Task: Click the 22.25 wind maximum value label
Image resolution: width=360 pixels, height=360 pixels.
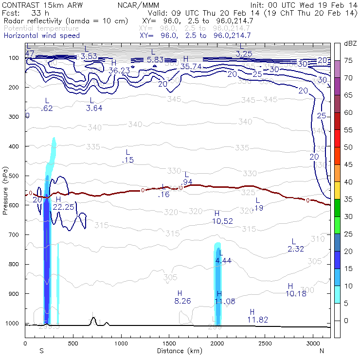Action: pos(63,207)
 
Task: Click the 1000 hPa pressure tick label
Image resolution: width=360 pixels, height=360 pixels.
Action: pos(12,324)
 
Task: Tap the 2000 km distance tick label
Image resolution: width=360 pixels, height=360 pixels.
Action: pos(216,343)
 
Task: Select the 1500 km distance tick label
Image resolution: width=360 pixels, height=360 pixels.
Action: pos(169,343)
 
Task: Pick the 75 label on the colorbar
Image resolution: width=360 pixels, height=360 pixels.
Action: pos(348,61)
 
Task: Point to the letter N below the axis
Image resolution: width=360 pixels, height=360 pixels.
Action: pos(322,351)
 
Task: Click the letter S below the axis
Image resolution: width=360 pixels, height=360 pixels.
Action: pos(41,351)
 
